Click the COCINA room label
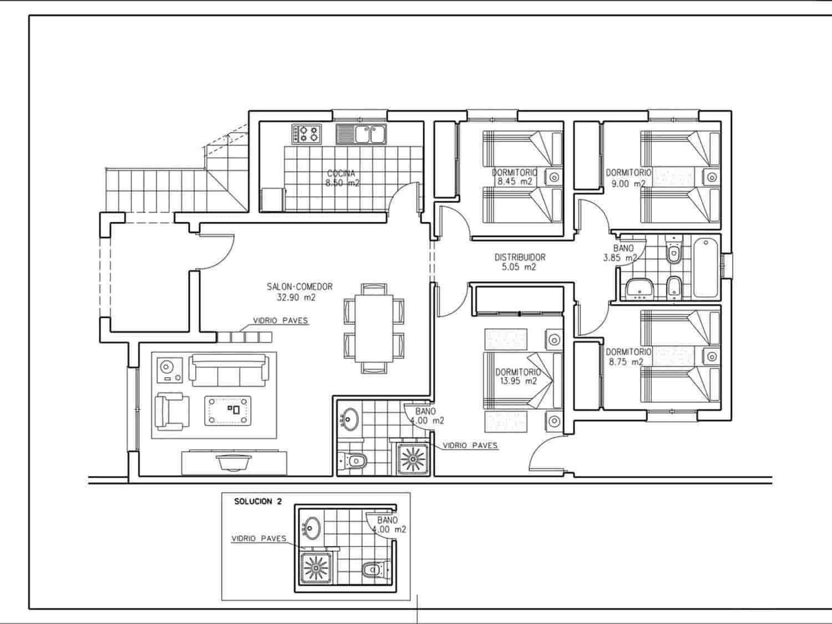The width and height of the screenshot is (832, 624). pyautogui.click(x=341, y=174)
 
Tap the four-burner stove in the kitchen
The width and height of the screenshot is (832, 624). pyautogui.click(x=307, y=134)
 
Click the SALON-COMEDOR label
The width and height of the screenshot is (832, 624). pyautogui.click(x=300, y=287)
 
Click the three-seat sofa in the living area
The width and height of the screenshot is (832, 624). pyautogui.click(x=229, y=370)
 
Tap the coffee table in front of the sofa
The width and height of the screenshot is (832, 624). pyautogui.click(x=228, y=410)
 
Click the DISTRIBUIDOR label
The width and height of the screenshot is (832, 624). pyautogui.click(x=520, y=257)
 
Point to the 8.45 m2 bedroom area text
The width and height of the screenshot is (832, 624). pyautogui.click(x=514, y=181)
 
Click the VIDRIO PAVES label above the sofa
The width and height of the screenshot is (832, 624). pyautogui.click(x=280, y=321)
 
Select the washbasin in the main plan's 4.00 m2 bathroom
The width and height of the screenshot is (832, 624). pyautogui.click(x=349, y=419)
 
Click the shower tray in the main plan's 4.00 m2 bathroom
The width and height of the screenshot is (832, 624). pyautogui.click(x=413, y=459)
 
